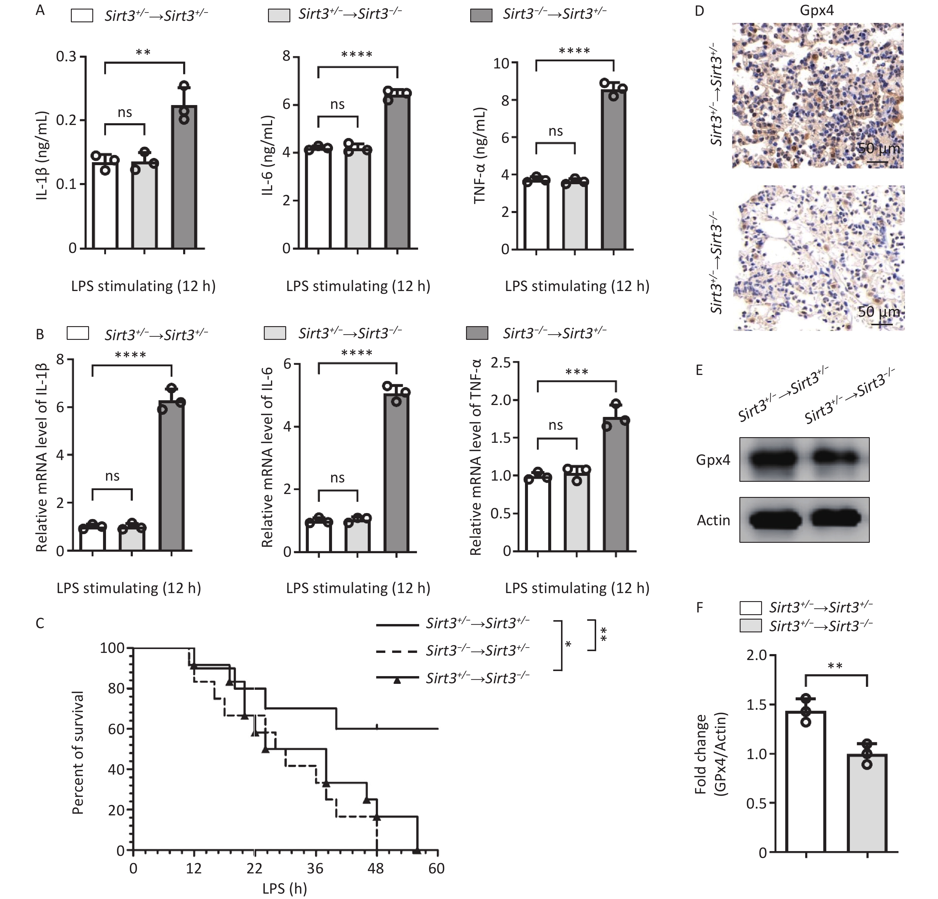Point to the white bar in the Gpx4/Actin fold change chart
pos(806,784)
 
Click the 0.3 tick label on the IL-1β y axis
pos(66,57)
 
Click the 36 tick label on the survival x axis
pos(315,868)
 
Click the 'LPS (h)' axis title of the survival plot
pos(285,889)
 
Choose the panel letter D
pos(699,10)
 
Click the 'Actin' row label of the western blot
pos(713,520)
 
